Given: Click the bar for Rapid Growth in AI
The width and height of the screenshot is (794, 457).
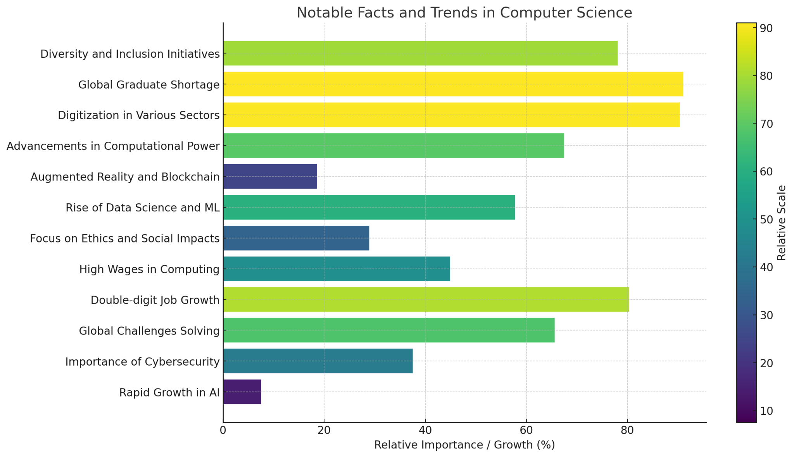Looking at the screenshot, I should (242, 392).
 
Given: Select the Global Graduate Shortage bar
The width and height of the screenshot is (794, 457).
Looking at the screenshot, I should (453, 84).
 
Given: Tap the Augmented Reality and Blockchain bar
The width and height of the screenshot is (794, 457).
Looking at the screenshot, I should (270, 176).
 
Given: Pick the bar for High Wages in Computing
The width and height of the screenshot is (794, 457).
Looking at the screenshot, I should (337, 269).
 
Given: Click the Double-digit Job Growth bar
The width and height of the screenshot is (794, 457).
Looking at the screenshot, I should (426, 299).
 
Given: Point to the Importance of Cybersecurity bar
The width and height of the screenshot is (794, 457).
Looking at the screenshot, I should (318, 361).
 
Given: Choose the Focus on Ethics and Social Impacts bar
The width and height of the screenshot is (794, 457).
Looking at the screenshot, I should (296, 238).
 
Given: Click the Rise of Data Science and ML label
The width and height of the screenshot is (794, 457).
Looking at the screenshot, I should (142, 208).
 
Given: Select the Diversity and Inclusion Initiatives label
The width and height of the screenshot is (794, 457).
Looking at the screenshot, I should (130, 54).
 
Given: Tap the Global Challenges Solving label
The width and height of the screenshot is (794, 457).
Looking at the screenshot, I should (149, 331).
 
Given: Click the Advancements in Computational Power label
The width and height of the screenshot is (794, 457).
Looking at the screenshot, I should (113, 146).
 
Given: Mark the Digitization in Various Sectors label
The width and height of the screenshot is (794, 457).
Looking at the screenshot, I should (138, 115).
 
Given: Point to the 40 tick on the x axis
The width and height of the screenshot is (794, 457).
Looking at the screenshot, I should (425, 431).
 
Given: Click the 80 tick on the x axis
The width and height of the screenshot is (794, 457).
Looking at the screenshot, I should (627, 431).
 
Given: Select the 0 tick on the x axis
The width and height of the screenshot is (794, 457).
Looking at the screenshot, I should (223, 431).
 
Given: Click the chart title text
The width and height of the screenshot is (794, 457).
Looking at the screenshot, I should (464, 13).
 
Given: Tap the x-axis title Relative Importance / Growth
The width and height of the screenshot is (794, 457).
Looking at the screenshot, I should (464, 445).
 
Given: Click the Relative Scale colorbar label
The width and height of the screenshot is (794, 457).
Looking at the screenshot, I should (782, 223).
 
